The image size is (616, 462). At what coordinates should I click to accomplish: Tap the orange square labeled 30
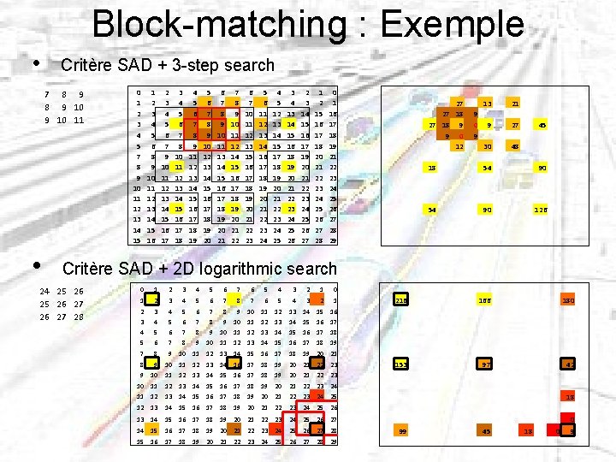tap(487, 146)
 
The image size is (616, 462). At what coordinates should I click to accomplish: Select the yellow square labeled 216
tap(401, 300)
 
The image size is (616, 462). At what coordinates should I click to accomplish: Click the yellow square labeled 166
tap(486, 300)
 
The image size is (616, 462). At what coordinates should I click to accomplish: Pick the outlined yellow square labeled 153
tap(401, 365)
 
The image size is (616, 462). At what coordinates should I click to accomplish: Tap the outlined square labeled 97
tap(486, 365)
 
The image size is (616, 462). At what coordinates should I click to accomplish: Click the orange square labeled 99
tap(401, 431)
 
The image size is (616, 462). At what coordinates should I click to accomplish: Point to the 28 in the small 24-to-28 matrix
tap(79, 317)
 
